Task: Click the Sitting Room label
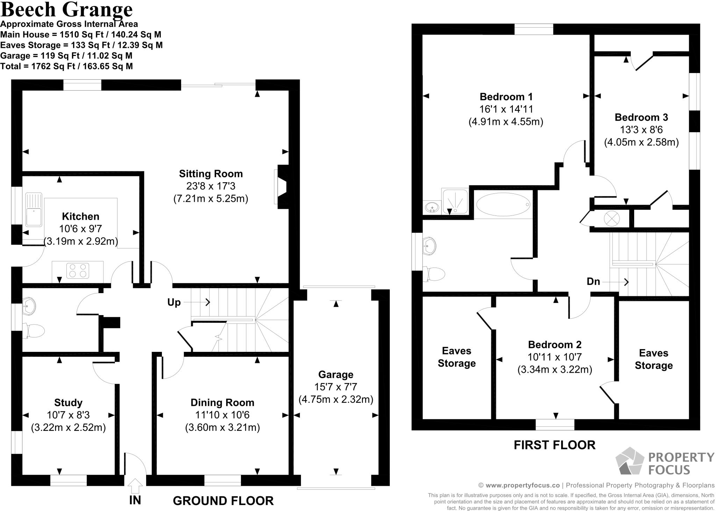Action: pos(211,174)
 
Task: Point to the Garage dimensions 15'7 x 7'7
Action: pos(336,387)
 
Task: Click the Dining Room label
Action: pos(222,403)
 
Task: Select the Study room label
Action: pos(68,403)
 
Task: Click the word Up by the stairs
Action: pos(174,302)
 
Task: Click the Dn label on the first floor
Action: pos(593,282)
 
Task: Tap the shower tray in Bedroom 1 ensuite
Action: pos(455,201)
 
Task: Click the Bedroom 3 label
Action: pos(641,117)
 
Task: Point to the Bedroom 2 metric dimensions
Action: pos(555,370)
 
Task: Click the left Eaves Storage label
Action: pos(457,357)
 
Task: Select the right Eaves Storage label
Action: pos(653,359)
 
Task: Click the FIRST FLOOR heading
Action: pos(554,445)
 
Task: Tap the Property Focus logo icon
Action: pos(630,461)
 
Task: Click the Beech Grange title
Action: pos(66,9)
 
